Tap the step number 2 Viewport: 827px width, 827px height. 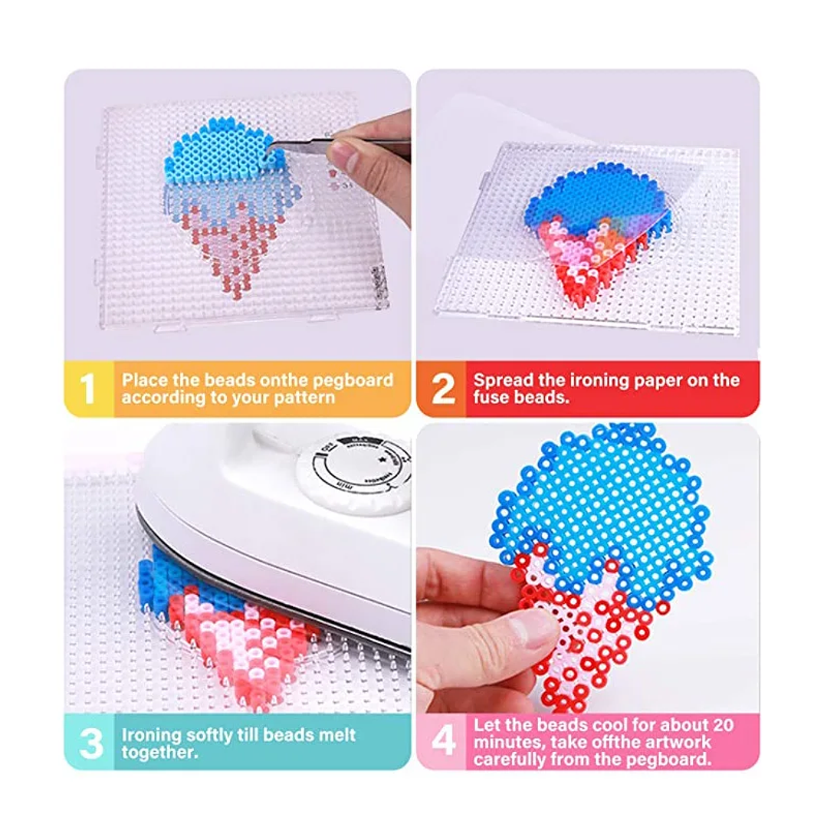coord(442,389)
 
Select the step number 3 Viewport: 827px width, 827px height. coord(90,743)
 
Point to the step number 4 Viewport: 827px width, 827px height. coord(444,742)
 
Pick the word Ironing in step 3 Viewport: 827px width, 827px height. coord(151,734)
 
